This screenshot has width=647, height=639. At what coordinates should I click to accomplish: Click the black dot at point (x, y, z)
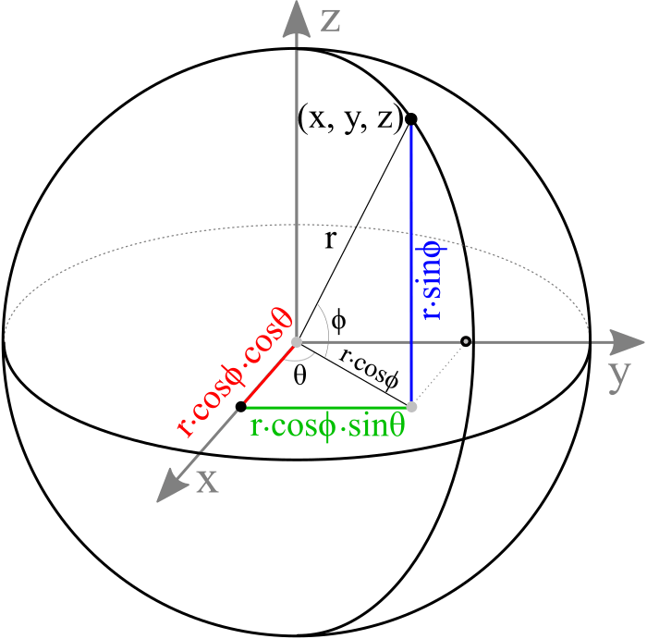pyautogui.click(x=411, y=119)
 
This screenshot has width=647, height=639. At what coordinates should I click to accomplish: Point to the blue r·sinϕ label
pyautogui.click(x=431, y=278)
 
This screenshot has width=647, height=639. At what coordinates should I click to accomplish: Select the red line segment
pyautogui.click(x=269, y=375)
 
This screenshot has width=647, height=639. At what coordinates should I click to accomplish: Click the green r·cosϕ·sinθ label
pyautogui.click(x=327, y=427)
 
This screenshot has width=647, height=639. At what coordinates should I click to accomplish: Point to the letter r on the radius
pyautogui.click(x=329, y=242)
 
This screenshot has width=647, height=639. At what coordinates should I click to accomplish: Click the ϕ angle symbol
pyautogui.click(x=339, y=321)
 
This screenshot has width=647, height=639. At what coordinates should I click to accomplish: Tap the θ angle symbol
pyautogui.click(x=300, y=375)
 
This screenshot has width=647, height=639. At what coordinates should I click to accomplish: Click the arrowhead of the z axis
pyautogui.click(x=296, y=20)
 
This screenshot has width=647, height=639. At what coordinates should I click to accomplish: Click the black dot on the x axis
pyautogui.click(x=241, y=406)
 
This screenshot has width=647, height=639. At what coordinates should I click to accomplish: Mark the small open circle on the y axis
pyautogui.click(x=466, y=342)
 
